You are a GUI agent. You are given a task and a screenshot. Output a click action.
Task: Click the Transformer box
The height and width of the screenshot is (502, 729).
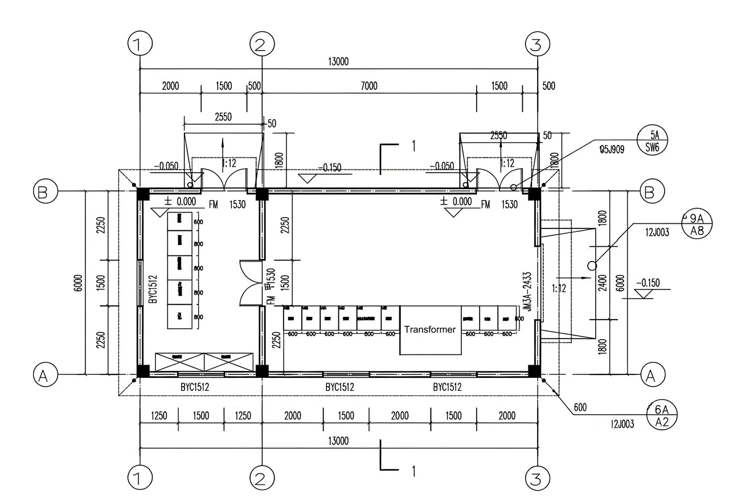(430, 330)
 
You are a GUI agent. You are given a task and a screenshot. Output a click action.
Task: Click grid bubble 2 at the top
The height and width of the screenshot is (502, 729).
(261, 43)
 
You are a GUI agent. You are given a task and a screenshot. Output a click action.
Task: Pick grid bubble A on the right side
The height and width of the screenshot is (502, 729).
(649, 374)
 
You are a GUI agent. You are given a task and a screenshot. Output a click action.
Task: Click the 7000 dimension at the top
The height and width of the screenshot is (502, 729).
(368, 86)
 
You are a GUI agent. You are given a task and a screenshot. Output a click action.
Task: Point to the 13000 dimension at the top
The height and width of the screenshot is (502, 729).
(338, 62)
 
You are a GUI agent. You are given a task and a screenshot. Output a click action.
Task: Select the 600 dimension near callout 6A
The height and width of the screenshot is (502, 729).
(580, 407)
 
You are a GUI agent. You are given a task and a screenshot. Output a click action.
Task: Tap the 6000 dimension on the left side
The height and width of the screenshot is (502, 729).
(78, 283)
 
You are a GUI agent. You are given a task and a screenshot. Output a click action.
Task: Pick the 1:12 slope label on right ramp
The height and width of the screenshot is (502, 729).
(559, 288)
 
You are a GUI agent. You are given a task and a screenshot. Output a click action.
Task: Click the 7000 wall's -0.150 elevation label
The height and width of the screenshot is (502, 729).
(330, 168)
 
